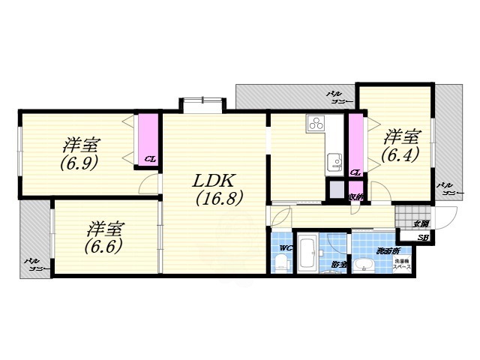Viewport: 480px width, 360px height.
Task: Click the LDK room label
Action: [x=215, y=182]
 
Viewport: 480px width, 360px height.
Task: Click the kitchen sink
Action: [x=332, y=160]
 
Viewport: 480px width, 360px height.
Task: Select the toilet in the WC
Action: [x=281, y=261]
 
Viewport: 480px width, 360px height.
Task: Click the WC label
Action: [x=285, y=247]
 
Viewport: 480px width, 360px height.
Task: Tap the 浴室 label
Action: [x=339, y=264]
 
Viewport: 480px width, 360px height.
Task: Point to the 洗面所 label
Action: [x=388, y=250]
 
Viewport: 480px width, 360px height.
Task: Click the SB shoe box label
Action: [x=423, y=238]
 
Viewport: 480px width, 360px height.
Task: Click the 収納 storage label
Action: [x=356, y=196]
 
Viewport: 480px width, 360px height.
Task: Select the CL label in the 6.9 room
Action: [x=150, y=158]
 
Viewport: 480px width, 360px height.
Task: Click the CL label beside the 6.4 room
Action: [x=355, y=172]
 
